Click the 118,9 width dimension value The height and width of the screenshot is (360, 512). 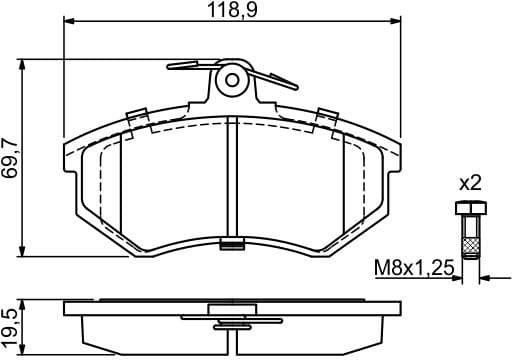(232, 11)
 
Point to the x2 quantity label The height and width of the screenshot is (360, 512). (469, 183)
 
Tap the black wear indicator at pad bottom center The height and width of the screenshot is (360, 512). (233, 240)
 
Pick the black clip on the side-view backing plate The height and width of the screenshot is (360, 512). (232, 322)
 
